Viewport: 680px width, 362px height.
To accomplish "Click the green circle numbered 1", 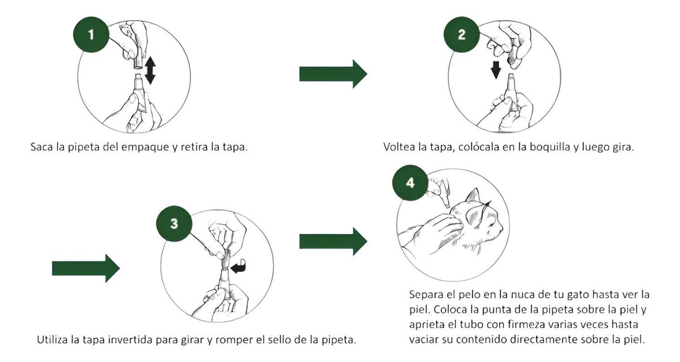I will [91, 35].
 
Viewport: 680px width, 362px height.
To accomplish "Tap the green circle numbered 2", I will [461, 35].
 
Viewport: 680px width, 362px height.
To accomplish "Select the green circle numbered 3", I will [174, 223].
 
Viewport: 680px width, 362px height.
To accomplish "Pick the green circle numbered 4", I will [410, 183].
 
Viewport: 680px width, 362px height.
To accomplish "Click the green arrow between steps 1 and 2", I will [333, 74].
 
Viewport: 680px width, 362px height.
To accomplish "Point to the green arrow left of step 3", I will [86, 268].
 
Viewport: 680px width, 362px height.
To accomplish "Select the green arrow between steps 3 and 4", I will [333, 241].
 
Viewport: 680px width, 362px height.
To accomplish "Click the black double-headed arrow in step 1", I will [150, 70].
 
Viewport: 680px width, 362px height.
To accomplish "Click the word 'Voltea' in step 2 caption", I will [398, 147].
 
